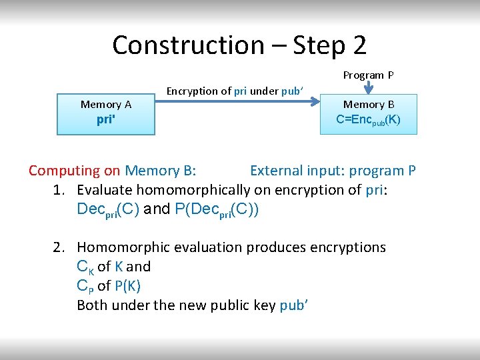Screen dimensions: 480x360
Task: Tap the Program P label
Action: coord(368,75)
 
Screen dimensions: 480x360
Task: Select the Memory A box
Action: coord(106,114)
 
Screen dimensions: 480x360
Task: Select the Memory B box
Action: coord(368,114)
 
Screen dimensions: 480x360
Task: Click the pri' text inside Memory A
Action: coord(106,123)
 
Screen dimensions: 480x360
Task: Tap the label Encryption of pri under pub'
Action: coord(235,91)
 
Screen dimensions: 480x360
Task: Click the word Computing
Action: coord(65,171)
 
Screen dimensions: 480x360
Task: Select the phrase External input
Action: coord(294,171)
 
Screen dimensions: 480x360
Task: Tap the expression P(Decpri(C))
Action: coord(216,209)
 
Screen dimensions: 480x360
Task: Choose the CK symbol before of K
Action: coord(85,267)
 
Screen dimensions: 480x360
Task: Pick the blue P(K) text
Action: coord(127,286)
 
